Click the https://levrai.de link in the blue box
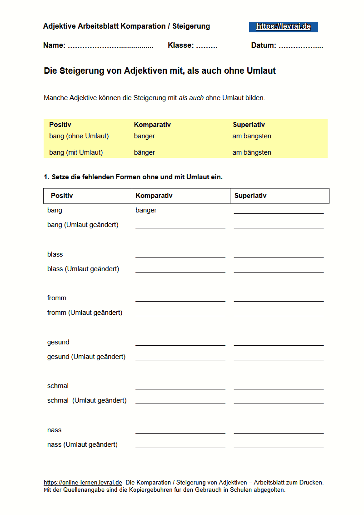[x=283, y=26]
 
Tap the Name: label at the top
[x=55, y=45]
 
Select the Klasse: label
[x=181, y=45]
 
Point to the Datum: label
[x=264, y=45]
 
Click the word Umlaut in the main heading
[x=261, y=71]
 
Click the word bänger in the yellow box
[x=145, y=152]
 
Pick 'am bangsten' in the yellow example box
[x=252, y=136]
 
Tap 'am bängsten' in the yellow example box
[x=252, y=152]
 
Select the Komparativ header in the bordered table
[x=154, y=196]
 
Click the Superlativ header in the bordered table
[x=250, y=196]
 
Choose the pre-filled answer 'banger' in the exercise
[x=146, y=210]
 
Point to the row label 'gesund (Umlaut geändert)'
[x=86, y=357]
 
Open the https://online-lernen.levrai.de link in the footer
[x=83, y=483]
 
